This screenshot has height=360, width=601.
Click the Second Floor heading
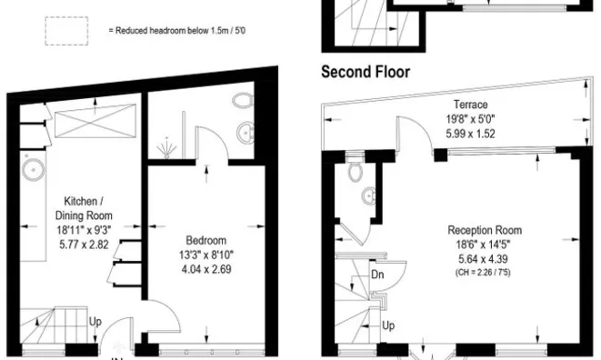[x=366, y=71]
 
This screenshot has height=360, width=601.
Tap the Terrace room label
[x=472, y=105]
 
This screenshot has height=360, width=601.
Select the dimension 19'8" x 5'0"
[x=472, y=118]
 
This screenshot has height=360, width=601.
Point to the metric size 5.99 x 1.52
[x=472, y=133]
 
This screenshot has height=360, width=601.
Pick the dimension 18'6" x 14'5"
[x=483, y=244]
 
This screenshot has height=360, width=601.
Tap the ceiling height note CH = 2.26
[x=483, y=270]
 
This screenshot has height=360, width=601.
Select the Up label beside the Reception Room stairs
[x=387, y=325]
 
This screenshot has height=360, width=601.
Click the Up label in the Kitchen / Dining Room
[x=95, y=321]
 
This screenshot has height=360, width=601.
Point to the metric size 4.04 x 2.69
[x=203, y=269]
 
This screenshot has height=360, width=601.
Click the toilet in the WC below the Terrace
[x=356, y=172]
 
